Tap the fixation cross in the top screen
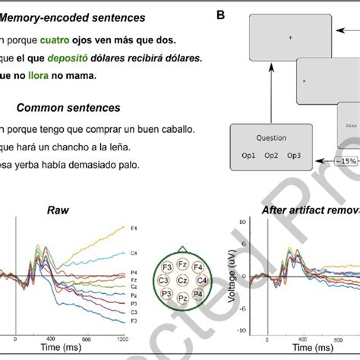[289, 36]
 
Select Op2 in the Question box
[273, 156]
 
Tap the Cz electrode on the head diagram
[182, 280]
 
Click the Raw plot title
[58, 210]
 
